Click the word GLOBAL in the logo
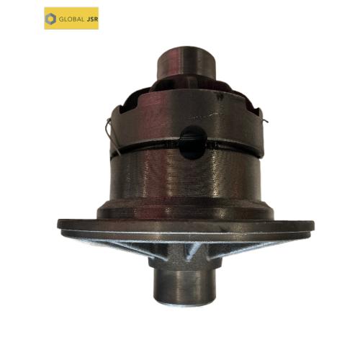click(x=71, y=19)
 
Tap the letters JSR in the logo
click(x=92, y=19)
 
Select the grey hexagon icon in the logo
click(x=50, y=19)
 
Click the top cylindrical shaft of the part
click(x=186, y=61)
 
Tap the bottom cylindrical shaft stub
click(x=184, y=287)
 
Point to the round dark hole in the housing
click(x=193, y=143)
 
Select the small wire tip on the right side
click(x=265, y=121)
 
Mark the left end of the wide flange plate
click(x=58, y=224)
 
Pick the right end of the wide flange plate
click(x=313, y=225)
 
